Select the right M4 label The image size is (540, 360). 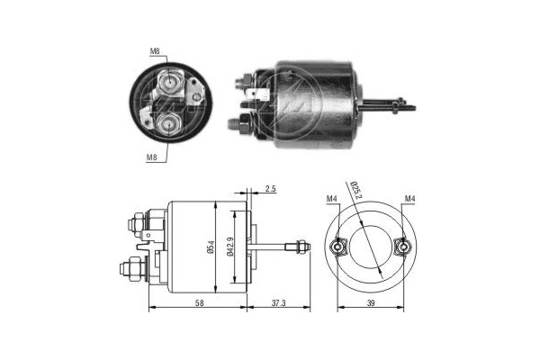[410, 198]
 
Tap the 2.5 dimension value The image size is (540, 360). [271, 190]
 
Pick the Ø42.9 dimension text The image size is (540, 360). [230, 245]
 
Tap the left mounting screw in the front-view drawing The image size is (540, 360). [337, 246]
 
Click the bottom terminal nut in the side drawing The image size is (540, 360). [130, 268]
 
